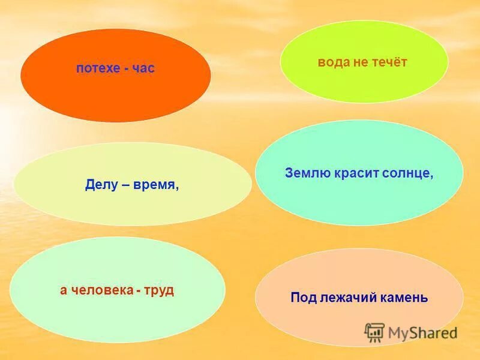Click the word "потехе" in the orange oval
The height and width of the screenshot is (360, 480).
tap(96, 68)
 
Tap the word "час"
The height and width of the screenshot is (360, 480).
tap(143, 68)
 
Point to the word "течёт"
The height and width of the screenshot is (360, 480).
tap(391, 62)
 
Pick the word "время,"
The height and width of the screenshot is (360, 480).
tap(157, 185)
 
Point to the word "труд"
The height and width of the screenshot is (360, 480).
tap(160, 290)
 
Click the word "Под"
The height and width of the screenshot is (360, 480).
tap(302, 297)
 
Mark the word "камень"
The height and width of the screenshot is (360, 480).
tap(404, 297)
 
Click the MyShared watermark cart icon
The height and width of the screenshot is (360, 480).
tap(374, 332)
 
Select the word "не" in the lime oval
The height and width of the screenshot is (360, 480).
tap(363, 62)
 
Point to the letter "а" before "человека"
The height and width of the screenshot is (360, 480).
tap(63, 291)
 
